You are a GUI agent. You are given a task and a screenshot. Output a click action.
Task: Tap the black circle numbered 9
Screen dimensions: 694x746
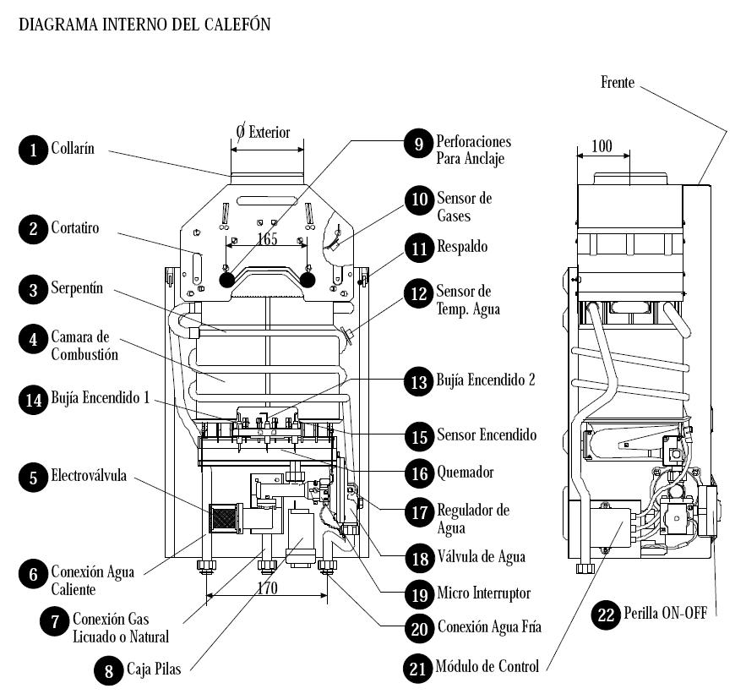(417, 143)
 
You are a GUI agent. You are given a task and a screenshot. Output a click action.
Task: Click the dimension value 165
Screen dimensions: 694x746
(267, 239)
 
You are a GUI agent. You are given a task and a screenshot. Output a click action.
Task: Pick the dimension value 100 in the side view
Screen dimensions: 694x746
(602, 146)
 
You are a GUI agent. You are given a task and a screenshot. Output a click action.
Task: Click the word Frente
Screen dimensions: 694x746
(618, 82)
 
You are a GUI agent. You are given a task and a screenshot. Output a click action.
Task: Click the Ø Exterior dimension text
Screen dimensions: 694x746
(263, 133)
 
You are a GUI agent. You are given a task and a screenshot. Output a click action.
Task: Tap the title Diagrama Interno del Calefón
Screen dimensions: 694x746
(144, 25)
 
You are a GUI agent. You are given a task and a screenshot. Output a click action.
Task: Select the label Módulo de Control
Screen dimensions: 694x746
(487, 666)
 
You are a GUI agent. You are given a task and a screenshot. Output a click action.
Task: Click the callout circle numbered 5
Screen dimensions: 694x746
(32, 478)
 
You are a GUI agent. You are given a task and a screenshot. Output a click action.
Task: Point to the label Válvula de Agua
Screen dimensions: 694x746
(481, 556)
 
